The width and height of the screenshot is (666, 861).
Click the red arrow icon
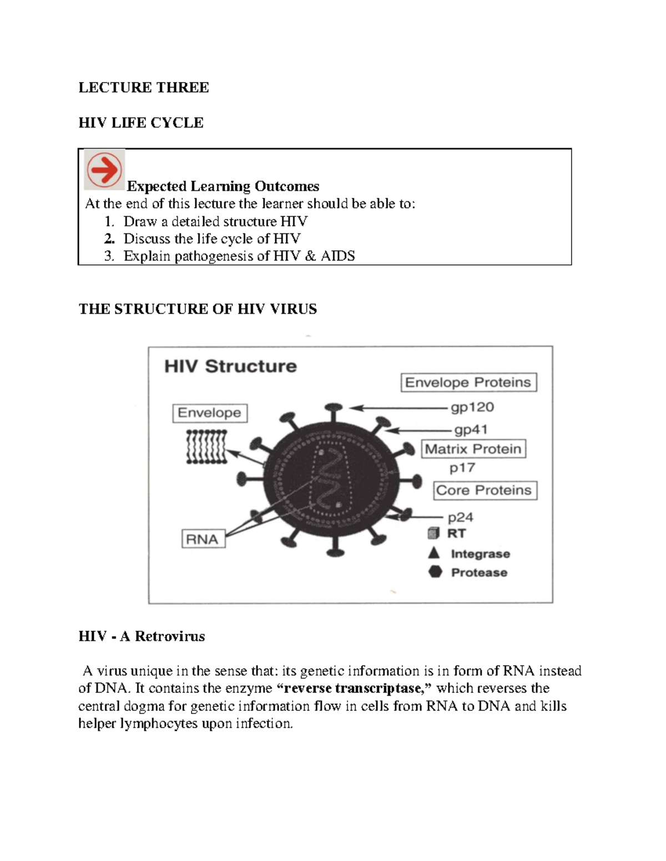104,170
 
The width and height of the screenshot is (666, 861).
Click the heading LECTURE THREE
144,88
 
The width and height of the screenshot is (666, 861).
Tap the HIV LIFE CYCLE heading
141,123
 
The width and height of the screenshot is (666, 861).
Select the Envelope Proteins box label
468,383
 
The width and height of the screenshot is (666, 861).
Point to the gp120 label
472,407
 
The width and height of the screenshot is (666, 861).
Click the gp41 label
471,430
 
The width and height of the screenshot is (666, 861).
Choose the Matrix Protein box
473,449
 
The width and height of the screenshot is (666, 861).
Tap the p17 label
462,468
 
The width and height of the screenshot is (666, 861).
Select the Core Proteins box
484,491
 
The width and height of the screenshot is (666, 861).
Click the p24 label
460,518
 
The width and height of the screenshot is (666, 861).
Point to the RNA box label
203,539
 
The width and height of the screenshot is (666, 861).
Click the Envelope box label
209,413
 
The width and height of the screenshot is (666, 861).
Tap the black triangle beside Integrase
434,553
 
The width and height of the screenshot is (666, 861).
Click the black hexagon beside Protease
435,572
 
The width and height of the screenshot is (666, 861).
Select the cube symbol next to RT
433,533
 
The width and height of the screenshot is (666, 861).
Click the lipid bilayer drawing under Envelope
206,447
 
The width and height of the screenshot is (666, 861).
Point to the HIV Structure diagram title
230,366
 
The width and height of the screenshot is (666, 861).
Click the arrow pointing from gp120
397,408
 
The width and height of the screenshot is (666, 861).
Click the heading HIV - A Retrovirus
142,636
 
